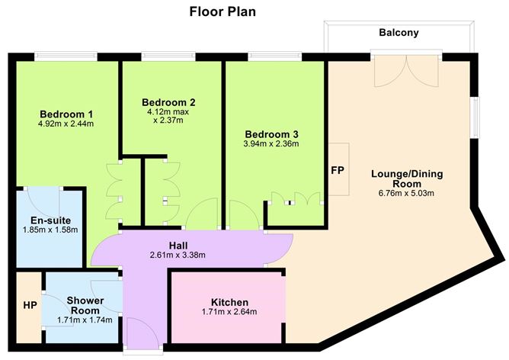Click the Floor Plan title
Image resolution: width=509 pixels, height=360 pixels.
coord(222,11)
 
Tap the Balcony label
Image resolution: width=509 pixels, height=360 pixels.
coord(399,33)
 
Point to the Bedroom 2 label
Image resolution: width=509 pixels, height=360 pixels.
coord(168,102)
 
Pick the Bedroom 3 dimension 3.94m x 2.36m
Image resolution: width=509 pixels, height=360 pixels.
coord(271,143)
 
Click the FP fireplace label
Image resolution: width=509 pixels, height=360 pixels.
coord(337,169)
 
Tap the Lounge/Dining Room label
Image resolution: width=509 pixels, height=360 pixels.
coord(407,178)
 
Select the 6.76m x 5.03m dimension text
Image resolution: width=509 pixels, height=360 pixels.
coord(407,193)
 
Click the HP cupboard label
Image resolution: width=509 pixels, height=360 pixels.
coord(29,304)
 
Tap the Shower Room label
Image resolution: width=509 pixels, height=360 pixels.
coord(84,305)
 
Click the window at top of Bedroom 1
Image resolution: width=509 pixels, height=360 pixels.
coord(66,56)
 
